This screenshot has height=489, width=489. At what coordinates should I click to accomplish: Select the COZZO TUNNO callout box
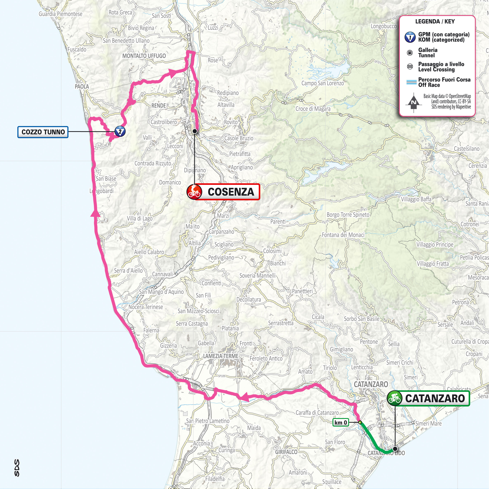click(43, 132)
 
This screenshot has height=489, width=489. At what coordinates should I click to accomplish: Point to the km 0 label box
click(341, 423)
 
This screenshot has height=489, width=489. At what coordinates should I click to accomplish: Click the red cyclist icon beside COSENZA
click(194, 192)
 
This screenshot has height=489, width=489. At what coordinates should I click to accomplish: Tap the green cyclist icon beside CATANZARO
click(395, 398)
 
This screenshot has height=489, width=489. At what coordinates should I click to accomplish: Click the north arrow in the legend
click(413, 103)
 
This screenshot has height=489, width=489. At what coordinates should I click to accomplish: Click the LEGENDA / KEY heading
click(435, 22)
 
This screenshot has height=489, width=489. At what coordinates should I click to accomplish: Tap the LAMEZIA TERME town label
click(220, 356)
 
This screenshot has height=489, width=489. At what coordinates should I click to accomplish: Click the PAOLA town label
click(82, 87)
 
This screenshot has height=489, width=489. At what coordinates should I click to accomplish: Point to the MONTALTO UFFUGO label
click(144, 56)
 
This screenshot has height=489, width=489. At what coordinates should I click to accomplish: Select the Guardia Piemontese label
click(61, 14)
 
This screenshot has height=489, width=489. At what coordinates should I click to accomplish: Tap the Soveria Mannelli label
click(257, 275)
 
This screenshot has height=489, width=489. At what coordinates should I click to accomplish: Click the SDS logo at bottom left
click(17, 468)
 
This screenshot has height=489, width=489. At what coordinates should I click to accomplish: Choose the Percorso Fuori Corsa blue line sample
click(411, 82)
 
